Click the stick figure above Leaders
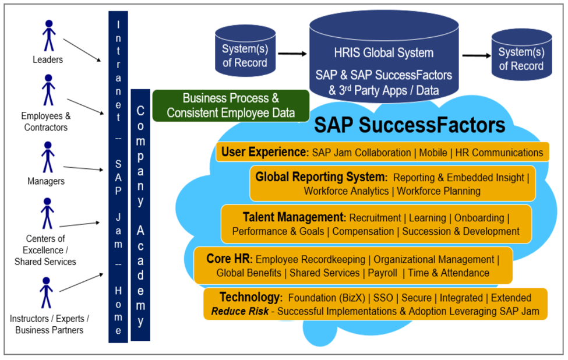tap(48, 36)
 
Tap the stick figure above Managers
tap(48, 157)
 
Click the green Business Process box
tap(231, 105)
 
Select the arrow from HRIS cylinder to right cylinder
tap(476, 56)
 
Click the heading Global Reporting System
tap(321, 177)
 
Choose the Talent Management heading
tap(294, 218)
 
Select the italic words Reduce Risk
tap(240, 312)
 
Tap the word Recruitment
tap(375, 218)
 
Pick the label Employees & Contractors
tap(44, 122)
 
